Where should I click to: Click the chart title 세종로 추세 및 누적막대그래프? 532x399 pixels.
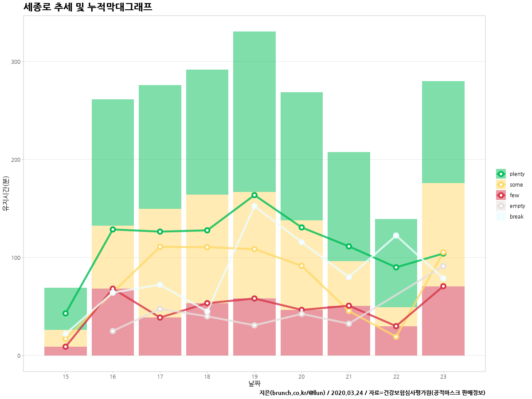point(88,7)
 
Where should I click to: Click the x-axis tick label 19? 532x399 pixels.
point(254,376)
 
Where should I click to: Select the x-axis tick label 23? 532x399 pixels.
point(443,376)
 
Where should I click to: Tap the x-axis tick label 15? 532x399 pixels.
point(66,376)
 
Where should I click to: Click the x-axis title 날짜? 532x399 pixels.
point(254,383)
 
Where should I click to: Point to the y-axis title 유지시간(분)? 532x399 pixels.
point(6,194)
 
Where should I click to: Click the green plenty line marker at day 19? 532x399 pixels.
point(254,195)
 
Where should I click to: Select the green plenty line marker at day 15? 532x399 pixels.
point(66,313)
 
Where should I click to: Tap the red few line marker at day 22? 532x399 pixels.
point(396,326)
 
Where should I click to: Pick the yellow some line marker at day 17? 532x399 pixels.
point(160,246)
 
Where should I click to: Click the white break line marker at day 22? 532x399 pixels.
point(396,235)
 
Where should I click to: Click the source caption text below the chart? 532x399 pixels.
point(372,393)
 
